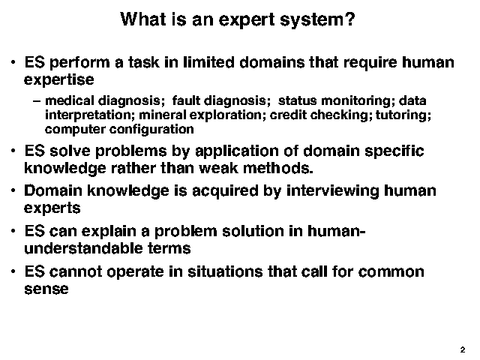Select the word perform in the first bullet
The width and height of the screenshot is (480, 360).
[79, 63]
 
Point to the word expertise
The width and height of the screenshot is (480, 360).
[59, 80]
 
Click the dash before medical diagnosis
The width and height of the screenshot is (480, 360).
[37, 101]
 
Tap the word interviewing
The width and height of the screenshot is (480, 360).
[333, 191]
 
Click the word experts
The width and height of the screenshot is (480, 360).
[52, 208]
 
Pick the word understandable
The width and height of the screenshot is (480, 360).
[83, 248]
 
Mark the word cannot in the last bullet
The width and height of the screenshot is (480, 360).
[76, 271]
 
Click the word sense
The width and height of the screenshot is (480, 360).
[46, 289]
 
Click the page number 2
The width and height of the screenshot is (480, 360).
[463, 350]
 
